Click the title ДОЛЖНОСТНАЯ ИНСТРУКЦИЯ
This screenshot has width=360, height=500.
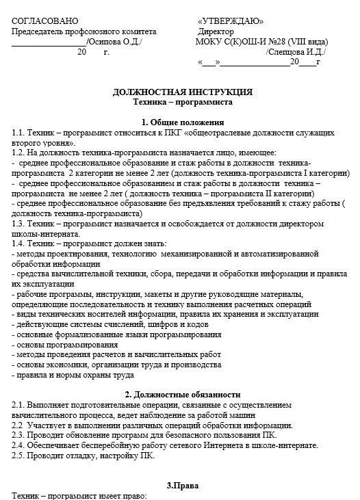pos(182,91)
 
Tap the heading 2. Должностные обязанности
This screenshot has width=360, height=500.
pos(182,395)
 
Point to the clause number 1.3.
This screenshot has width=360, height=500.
pos(19,224)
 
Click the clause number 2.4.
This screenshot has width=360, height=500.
pos(19,445)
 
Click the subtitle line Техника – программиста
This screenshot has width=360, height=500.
pos(182,101)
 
